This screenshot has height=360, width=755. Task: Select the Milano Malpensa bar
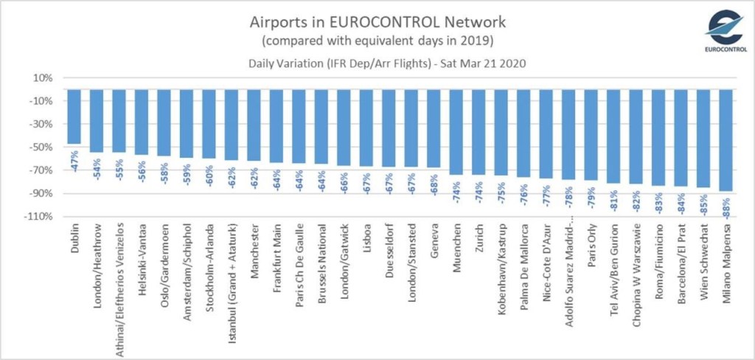pyautogui.click(x=726, y=140)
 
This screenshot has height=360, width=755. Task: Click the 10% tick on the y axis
pyautogui.click(x=43, y=78)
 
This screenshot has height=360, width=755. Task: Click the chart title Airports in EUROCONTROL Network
pyautogui.click(x=377, y=20)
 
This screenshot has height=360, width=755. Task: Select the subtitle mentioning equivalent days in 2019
pyautogui.click(x=377, y=39)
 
